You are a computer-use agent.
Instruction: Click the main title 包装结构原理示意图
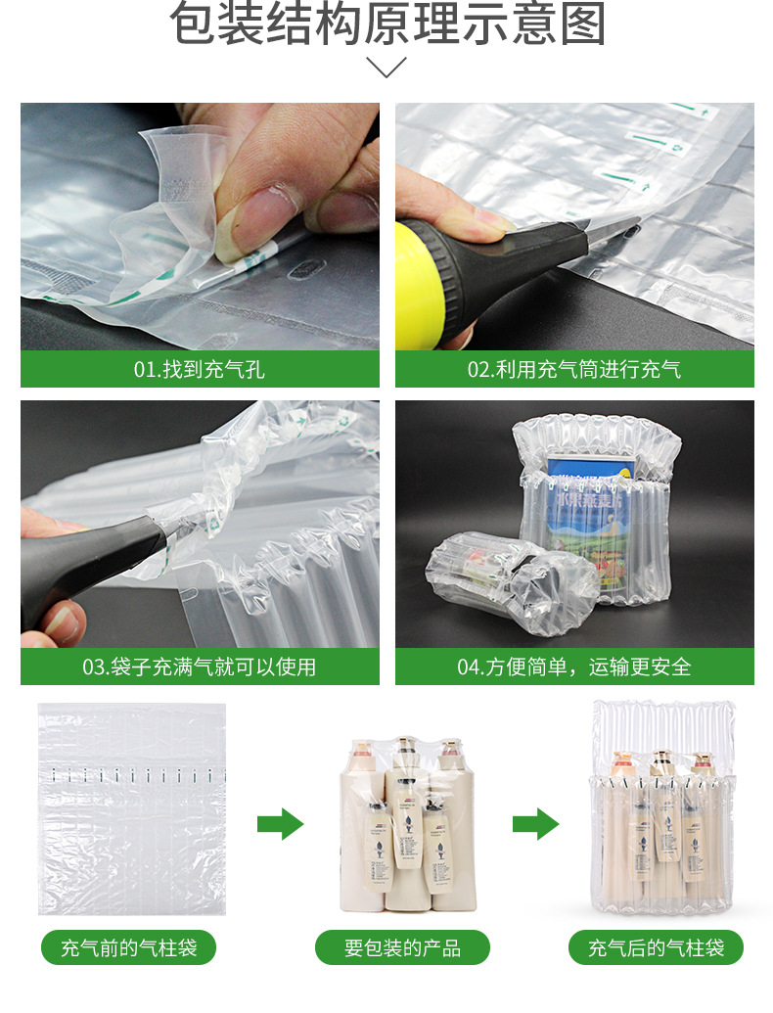coord(386,26)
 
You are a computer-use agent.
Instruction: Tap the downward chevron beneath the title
coord(386,68)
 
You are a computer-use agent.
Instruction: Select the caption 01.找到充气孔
coord(200,369)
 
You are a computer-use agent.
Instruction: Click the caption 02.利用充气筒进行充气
coord(574,369)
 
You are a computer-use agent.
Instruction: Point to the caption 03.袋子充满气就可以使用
coord(200,667)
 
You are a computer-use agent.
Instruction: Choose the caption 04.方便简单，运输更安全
coord(574,667)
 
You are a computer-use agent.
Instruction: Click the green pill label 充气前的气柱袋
coord(128,947)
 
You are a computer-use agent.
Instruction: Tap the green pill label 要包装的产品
coord(402,947)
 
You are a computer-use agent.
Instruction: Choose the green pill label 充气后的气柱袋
coord(657,947)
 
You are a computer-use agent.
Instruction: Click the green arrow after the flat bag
coord(281,824)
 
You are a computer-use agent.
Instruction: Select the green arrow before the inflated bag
coord(535,824)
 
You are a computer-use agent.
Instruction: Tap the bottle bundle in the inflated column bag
coord(660,822)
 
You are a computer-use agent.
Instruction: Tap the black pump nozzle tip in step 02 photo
coord(612,231)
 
